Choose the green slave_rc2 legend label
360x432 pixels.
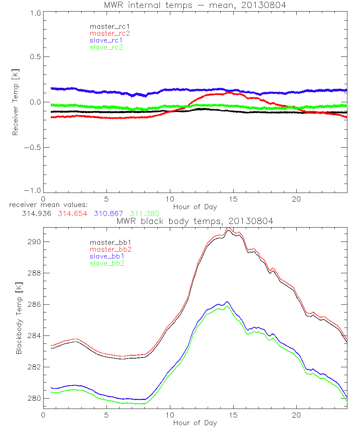pos(106,47)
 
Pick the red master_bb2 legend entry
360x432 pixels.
pos(108,249)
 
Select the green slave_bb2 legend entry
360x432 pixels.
pos(106,264)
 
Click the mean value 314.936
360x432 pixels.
pos(36,213)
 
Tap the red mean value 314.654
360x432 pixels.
pos(72,213)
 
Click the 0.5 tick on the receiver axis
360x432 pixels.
pos(34,57)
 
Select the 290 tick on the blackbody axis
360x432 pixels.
pos(34,242)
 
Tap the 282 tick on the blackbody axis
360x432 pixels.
pos(34,367)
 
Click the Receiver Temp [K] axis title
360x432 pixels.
pos(15,102)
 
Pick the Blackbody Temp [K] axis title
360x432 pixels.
pos(19,317)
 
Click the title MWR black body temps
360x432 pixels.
pos(195,221)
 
